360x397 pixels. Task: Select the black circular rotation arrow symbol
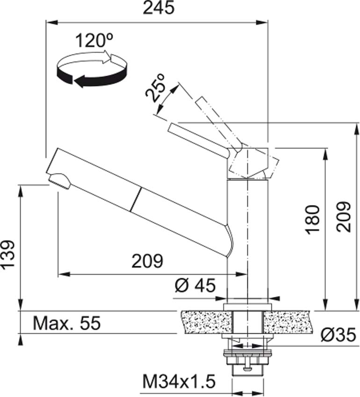click(x=92, y=70)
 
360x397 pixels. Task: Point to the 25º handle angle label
click(x=156, y=87)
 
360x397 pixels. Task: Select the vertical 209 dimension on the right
click(x=343, y=217)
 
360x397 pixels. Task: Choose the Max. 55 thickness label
click(x=67, y=323)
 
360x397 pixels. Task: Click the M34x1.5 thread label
click(x=179, y=383)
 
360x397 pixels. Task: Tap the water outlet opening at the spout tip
click(x=59, y=180)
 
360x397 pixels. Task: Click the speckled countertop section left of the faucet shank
click(x=205, y=322)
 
